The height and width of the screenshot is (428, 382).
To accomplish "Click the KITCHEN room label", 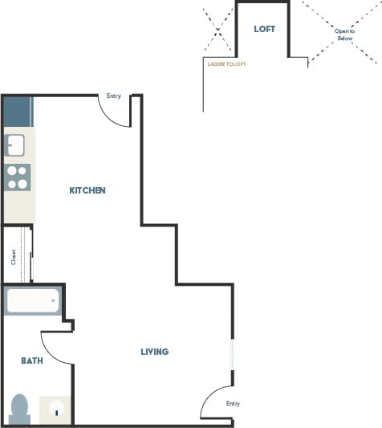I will [87, 190].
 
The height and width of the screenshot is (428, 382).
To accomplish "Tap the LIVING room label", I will [154, 352].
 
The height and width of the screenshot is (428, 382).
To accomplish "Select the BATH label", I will [32, 361].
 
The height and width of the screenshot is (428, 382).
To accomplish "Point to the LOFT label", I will [264, 29].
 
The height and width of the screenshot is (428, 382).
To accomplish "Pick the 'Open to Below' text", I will [343, 34].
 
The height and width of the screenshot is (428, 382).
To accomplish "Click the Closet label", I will [14, 256].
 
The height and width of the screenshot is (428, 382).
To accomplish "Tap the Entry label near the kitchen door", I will [113, 96].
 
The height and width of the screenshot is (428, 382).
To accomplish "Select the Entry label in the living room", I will [233, 403].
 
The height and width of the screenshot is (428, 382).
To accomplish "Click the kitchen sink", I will [16, 145].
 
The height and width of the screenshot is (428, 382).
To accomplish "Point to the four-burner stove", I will [17, 177].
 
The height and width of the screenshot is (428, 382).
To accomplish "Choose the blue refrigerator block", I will [17, 110].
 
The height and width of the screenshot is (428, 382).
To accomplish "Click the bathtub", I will [33, 302].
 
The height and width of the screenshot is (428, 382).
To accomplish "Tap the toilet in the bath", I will [20, 409].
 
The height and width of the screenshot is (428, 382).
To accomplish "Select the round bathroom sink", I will [56, 409].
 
